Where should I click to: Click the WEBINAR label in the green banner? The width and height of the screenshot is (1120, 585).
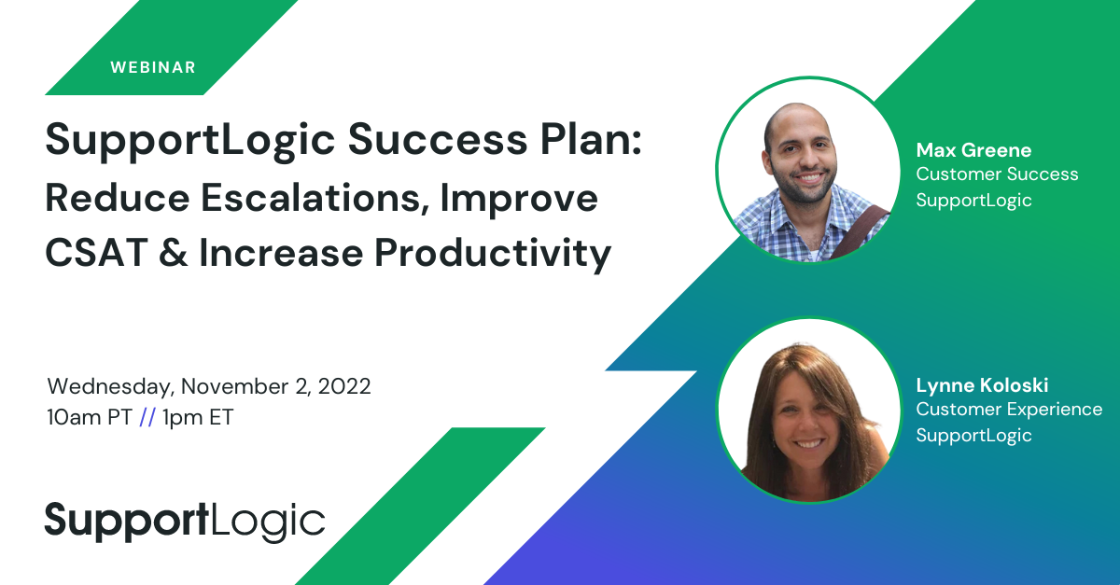click(153, 67)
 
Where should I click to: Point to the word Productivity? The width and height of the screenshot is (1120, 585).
click(493, 254)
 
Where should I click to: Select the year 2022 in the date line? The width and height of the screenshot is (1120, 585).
click(344, 386)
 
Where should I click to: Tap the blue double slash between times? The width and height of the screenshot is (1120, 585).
click(147, 417)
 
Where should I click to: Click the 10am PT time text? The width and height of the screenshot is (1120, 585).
click(90, 417)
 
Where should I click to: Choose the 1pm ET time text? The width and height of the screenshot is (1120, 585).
click(198, 417)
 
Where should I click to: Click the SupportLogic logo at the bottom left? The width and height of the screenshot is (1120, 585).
click(185, 522)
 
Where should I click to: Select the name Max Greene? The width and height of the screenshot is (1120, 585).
click(973, 150)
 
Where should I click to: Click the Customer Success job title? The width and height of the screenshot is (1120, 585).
click(997, 174)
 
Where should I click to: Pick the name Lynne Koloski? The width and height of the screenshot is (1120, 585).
click(982, 385)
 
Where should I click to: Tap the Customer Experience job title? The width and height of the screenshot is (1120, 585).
click(1009, 410)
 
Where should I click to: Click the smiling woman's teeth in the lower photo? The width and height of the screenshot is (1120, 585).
click(809, 443)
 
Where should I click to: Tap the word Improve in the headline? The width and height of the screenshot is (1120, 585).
click(519, 199)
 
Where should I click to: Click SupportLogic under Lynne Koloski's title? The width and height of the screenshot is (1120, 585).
click(973, 436)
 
